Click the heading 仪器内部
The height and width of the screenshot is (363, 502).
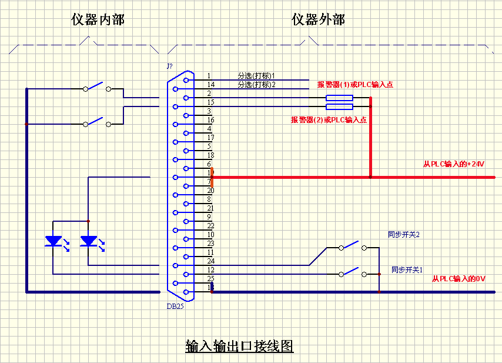point(98,20)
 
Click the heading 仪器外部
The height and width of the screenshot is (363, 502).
point(318,20)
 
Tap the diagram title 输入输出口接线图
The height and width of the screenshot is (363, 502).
point(239,345)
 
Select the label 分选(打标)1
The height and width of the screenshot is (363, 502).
point(256,76)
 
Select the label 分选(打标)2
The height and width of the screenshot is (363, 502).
point(256,85)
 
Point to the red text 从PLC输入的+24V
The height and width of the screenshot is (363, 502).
point(453,164)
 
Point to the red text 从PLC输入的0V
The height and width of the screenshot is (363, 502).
point(459,278)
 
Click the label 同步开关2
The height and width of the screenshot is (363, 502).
point(403,234)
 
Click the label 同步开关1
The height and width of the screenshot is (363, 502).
point(407,269)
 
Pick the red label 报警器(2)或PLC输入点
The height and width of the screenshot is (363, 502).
point(329,120)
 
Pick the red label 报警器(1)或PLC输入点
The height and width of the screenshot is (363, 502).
point(355,85)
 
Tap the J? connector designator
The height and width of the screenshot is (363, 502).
point(170,66)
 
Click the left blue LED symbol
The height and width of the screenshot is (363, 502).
point(54,241)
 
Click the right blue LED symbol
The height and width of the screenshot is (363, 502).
point(89,241)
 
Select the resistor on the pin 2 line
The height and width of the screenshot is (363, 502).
point(339,98)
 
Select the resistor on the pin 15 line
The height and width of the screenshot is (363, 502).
point(339,106)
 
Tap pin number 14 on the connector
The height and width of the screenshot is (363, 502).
point(210,85)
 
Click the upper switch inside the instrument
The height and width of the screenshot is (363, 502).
point(97,88)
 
